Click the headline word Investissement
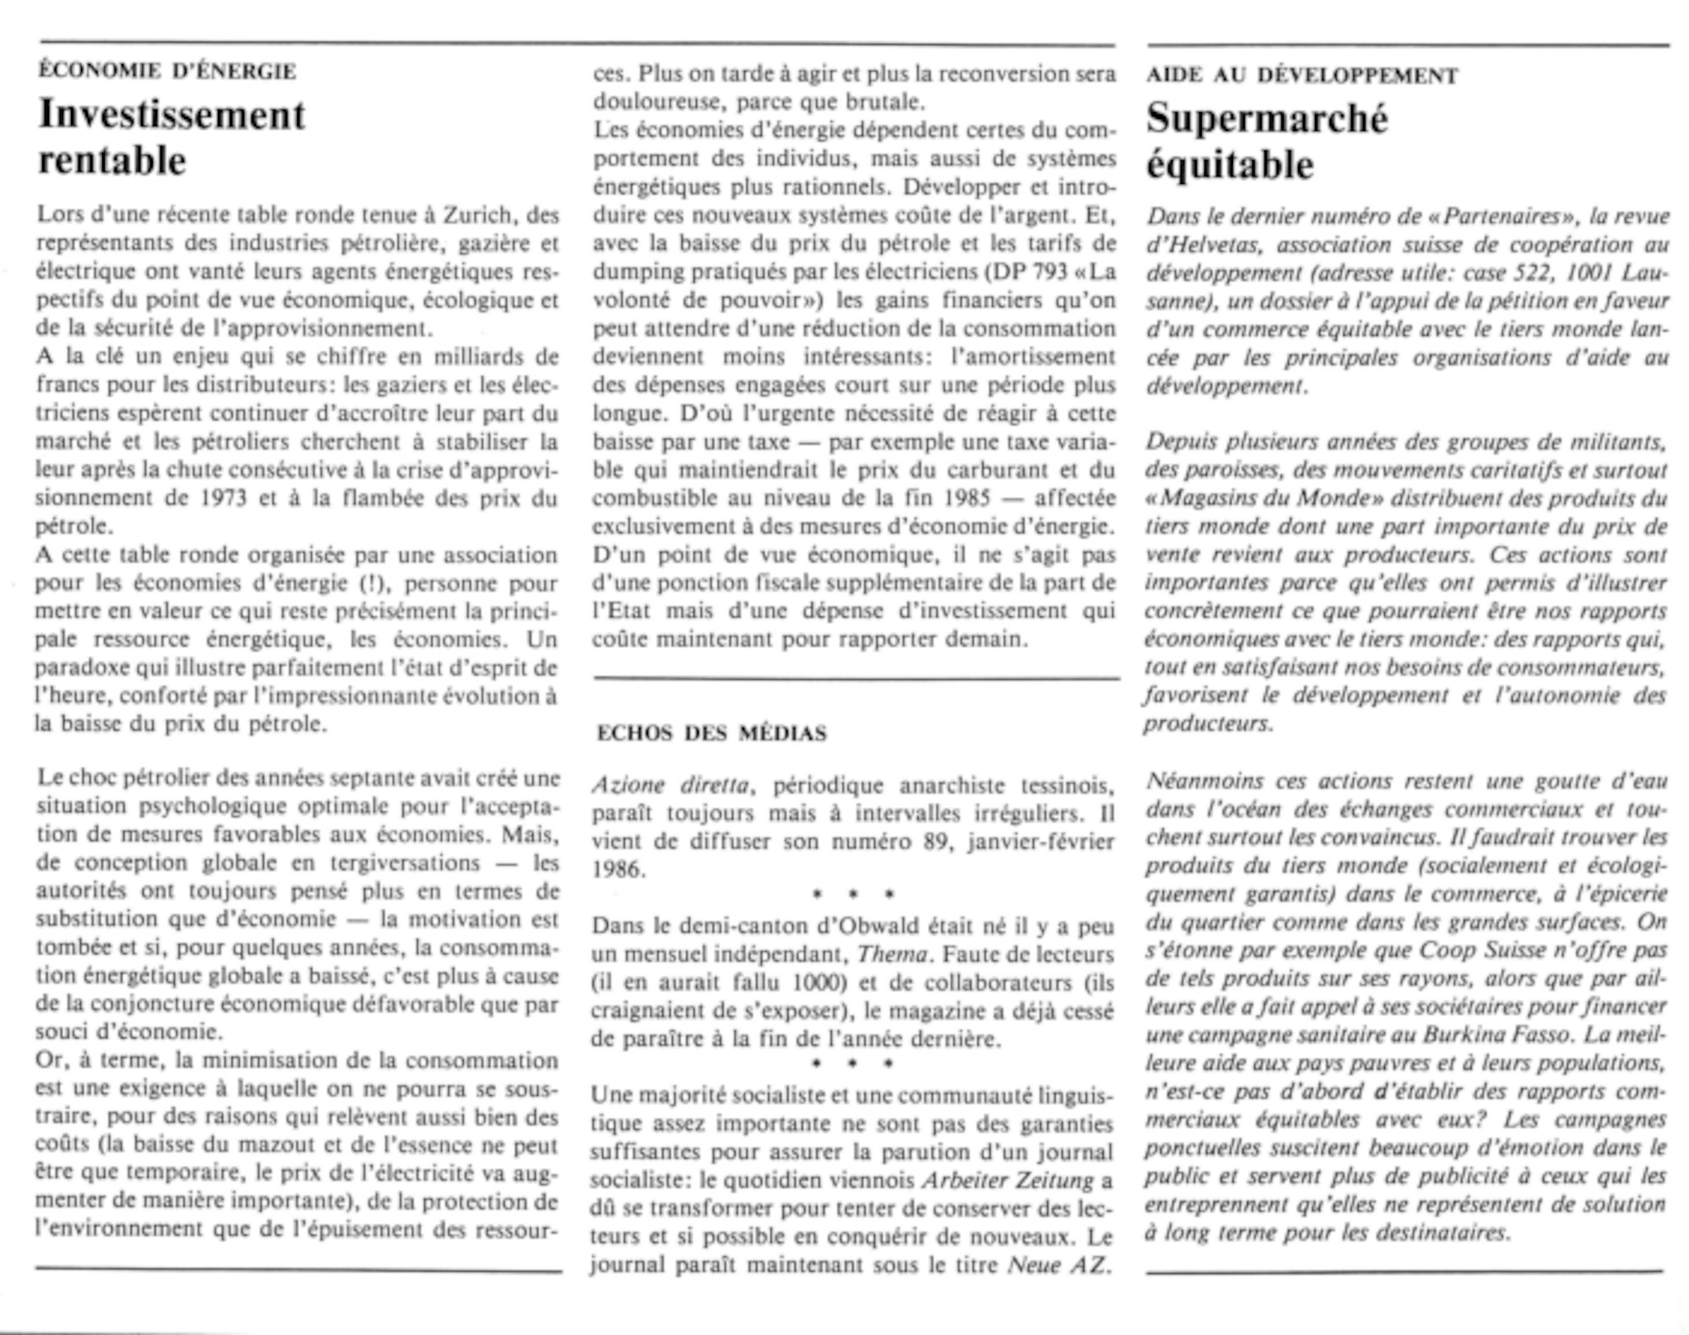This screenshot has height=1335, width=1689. (x=171, y=115)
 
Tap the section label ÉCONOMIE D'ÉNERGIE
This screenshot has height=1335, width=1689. (x=167, y=71)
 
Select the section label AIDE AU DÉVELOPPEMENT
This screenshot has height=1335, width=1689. (x=1301, y=75)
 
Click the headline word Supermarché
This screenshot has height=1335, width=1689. (x=1267, y=119)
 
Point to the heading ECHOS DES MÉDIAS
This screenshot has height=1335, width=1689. (x=711, y=733)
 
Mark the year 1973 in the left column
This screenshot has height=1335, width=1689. (x=224, y=497)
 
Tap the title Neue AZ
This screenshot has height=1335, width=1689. (x=1056, y=1265)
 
